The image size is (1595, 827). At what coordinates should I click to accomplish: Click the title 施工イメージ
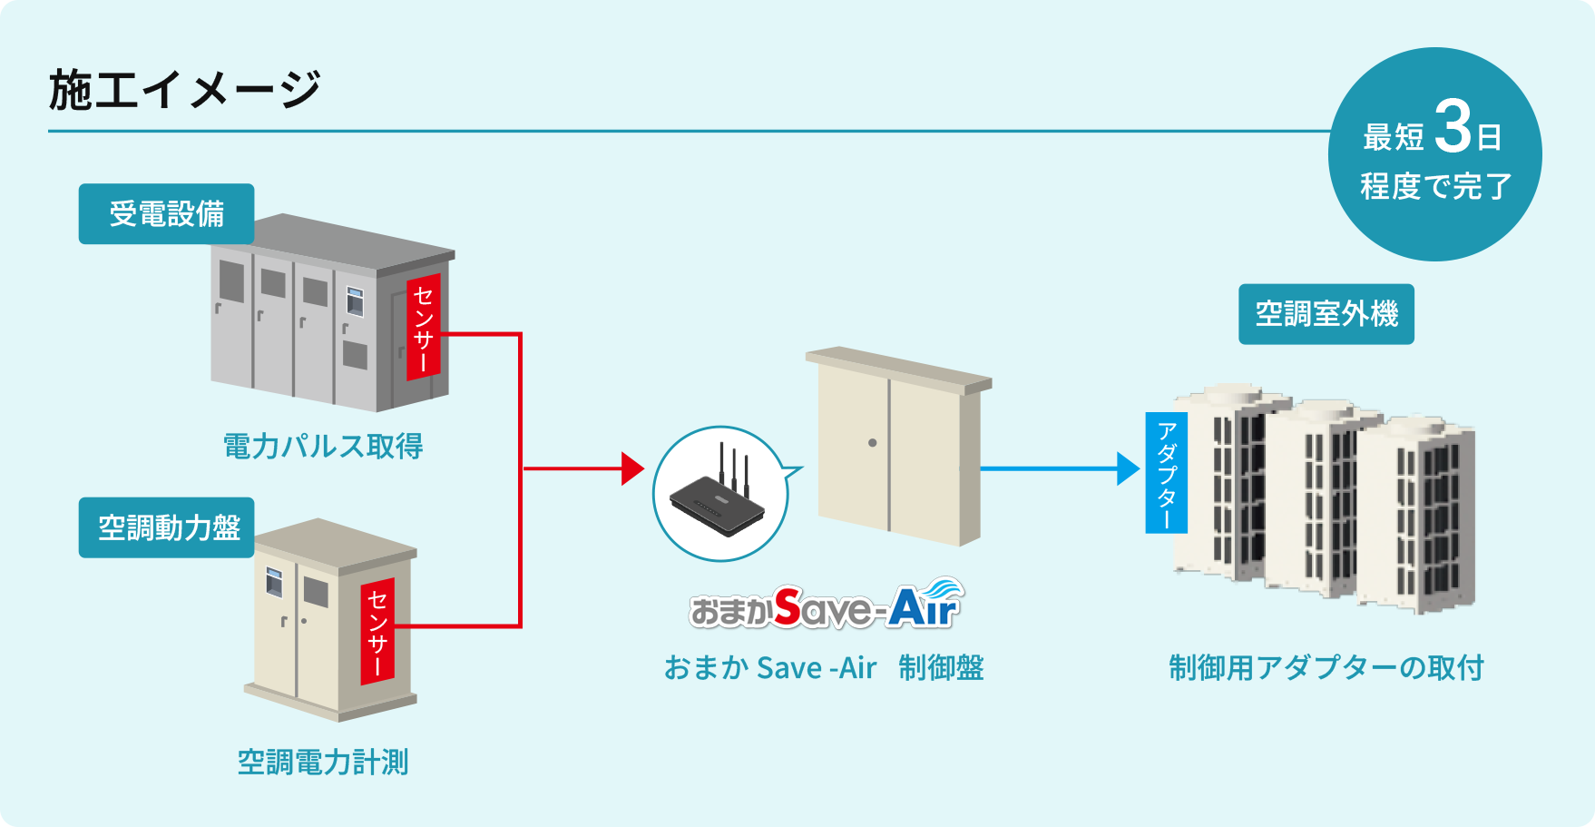pyautogui.click(x=184, y=90)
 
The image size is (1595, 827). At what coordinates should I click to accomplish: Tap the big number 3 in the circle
pyautogui.click(x=1453, y=128)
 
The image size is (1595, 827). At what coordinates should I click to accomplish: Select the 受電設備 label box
pyautogui.click(x=166, y=214)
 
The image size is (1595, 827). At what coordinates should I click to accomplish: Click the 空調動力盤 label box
pyautogui.click(x=168, y=527)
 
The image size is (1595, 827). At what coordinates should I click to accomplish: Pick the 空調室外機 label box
pyautogui.click(x=1326, y=314)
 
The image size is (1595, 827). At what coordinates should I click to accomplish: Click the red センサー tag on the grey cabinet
pyautogui.click(x=423, y=327)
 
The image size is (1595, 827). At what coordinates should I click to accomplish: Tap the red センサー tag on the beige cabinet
pyautogui.click(x=377, y=631)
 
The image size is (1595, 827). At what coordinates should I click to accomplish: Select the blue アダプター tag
pyautogui.click(x=1167, y=472)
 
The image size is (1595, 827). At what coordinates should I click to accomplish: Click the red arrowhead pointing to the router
pyautogui.click(x=632, y=468)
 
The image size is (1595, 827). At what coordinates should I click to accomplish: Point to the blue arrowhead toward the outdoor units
pyautogui.click(x=1128, y=468)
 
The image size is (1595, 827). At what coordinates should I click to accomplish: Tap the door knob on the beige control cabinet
pyautogui.click(x=872, y=443)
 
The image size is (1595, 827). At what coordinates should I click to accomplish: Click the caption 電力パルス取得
pyautogui.click(x=323, y=446)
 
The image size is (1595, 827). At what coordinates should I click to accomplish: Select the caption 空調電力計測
pyautogui.click(x=323, y=762)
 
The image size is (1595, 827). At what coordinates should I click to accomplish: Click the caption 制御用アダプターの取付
pyautogui.click(x=1326, y=667)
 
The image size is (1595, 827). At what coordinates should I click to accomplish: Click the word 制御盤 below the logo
pyautogui.click(x=941, y=667)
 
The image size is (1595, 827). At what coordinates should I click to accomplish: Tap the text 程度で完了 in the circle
pyautogui.click(x=1435, y=186)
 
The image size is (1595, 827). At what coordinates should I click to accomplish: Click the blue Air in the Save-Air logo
pyautogui.click(x=924, y=605)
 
